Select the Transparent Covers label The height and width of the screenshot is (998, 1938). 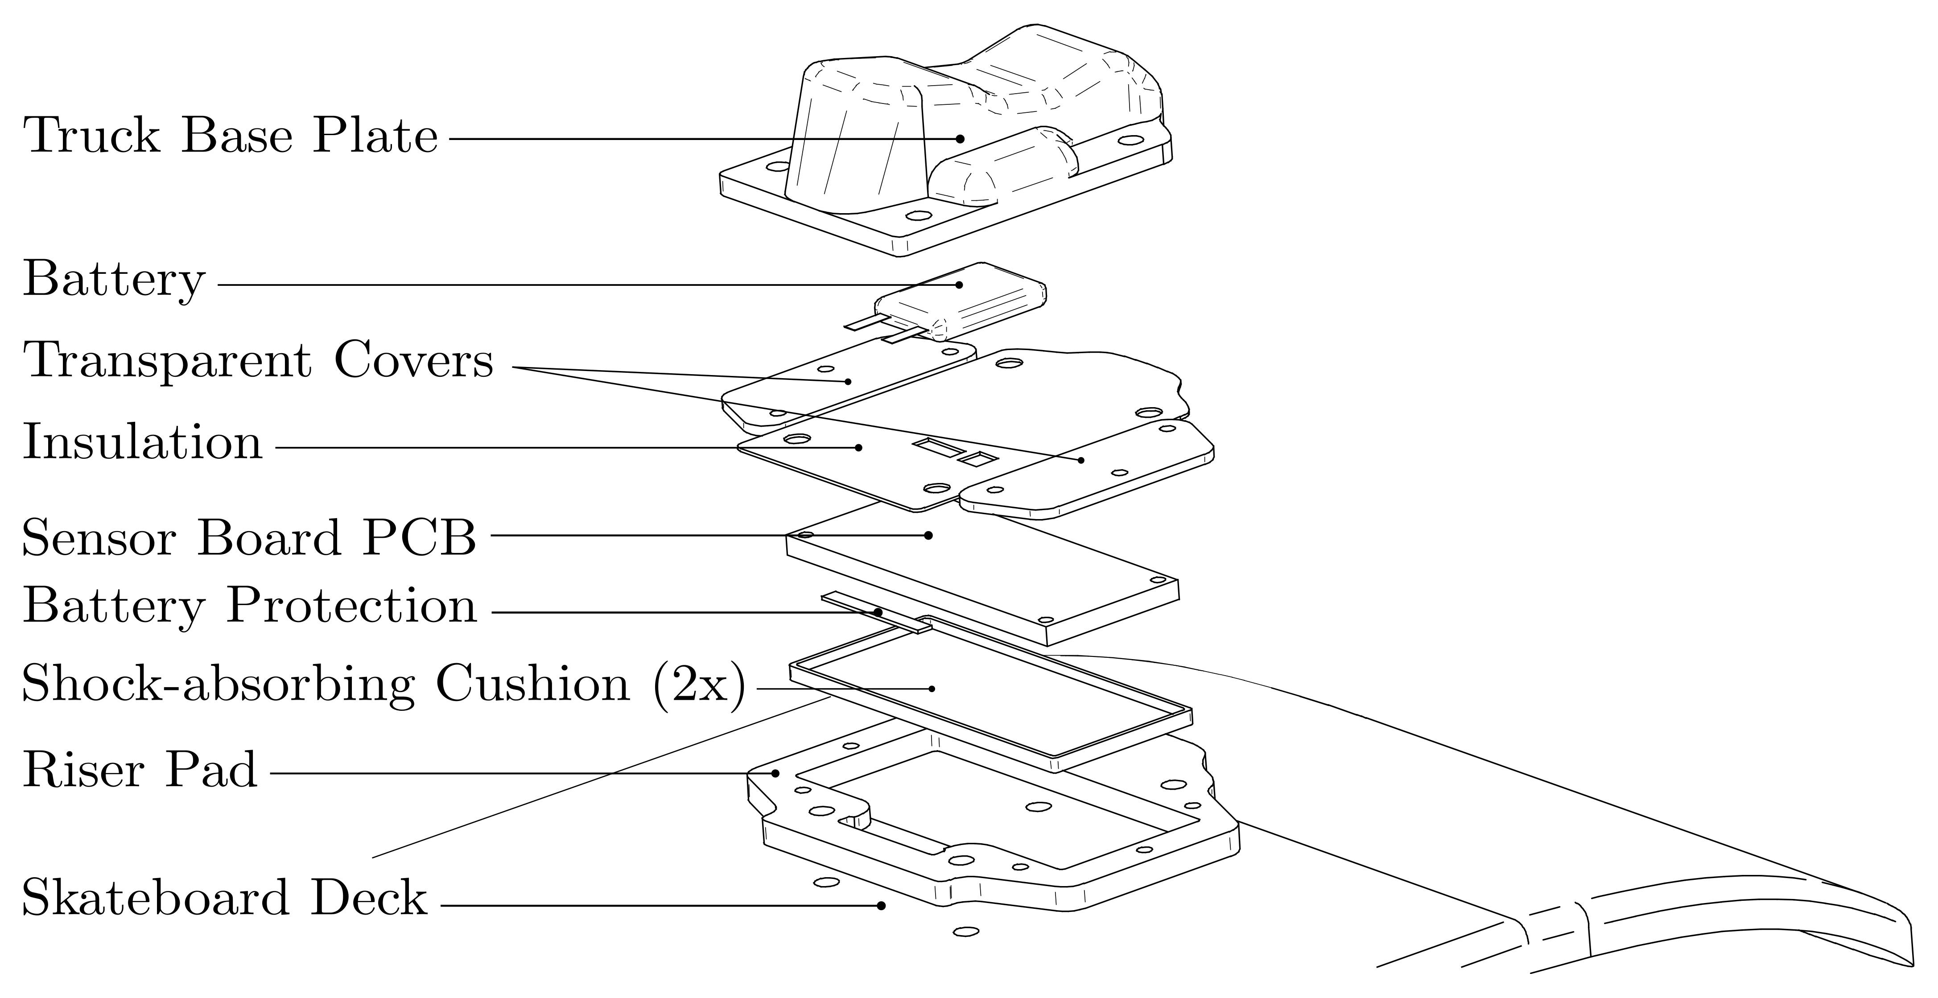click(x=258, y=361)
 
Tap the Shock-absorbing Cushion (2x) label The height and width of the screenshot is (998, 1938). click(x=383, y=685)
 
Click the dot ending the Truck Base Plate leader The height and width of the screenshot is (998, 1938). click(x=960, y=138)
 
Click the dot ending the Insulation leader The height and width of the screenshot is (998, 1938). click(x=858, y=447)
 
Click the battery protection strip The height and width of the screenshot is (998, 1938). click(x=876, y=610)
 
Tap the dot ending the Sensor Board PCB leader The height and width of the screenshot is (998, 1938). click(x=928, y=536)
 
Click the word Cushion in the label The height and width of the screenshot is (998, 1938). click(x=532, y=685)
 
